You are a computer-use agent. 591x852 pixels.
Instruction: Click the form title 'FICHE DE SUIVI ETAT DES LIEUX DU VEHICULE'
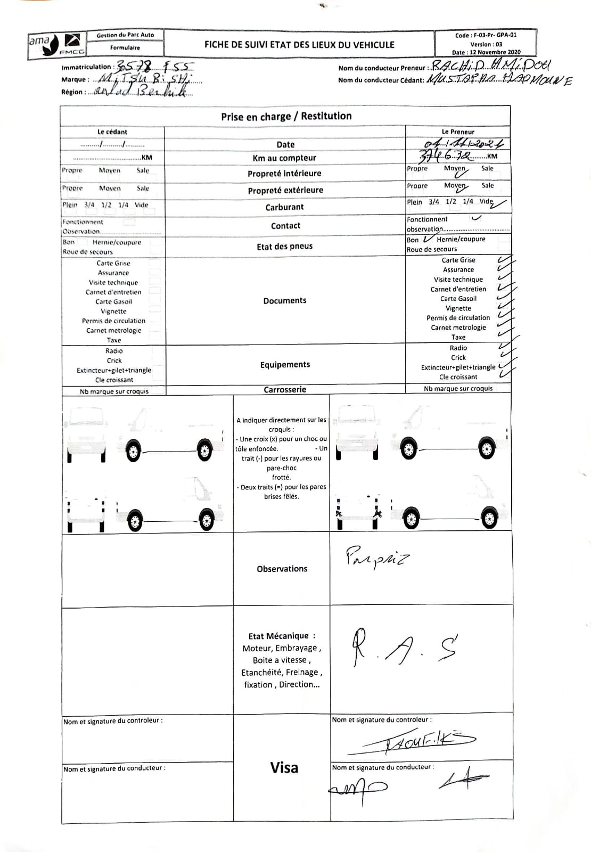(x=299, y=45)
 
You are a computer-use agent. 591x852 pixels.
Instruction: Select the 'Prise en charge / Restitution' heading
(x=286, y=116)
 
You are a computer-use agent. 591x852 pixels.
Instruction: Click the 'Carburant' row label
(x=284, y=207)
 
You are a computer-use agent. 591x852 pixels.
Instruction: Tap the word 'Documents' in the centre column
(x=285, y=300)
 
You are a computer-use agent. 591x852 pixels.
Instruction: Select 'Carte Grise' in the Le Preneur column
(x=458, y=260)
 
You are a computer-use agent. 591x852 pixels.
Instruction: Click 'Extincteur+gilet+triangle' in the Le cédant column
(x=114, y=370)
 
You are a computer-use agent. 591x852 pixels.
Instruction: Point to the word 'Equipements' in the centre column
(x=285, y=365)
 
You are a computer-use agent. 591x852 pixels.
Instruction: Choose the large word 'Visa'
(x=284, y=767)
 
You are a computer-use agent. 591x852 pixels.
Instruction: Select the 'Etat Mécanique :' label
(x=282, y=636)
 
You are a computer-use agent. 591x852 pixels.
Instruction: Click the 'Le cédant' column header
(x=112, y=132)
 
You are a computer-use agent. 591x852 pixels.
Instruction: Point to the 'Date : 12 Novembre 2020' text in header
(x=486, y=52)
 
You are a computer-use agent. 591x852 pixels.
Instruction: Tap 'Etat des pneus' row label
(x=284, y=246)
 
